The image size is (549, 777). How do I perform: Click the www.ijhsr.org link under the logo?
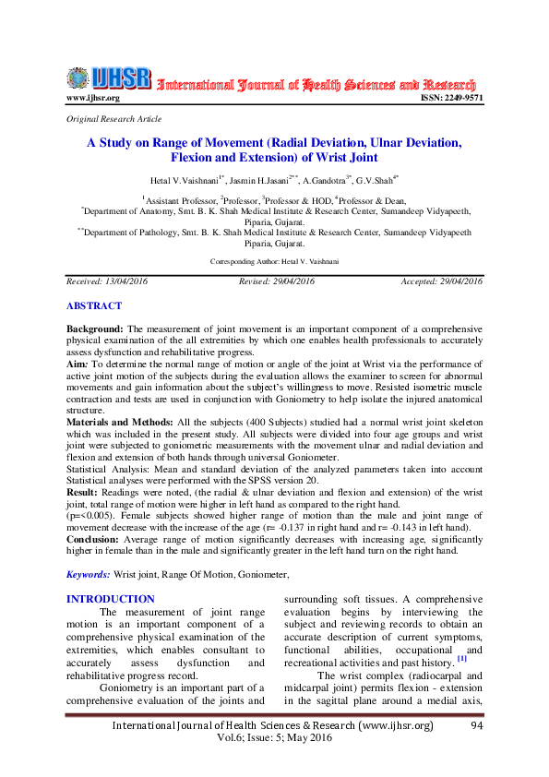point(93,98)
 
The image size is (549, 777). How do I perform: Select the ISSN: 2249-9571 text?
point(452,98)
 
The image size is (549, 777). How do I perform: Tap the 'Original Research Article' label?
point(114,119)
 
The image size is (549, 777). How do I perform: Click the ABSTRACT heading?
point(93,305)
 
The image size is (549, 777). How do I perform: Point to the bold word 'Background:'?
point(95,329)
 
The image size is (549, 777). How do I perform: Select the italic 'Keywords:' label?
point(89,574)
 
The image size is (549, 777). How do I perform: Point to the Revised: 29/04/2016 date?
point(277,281)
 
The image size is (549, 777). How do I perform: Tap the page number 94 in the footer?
point(477,726)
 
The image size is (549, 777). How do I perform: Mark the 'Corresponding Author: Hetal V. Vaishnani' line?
point(274,262)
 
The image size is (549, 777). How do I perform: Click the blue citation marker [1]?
point(461,660)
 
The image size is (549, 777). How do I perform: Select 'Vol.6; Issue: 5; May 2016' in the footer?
point(273,739)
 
